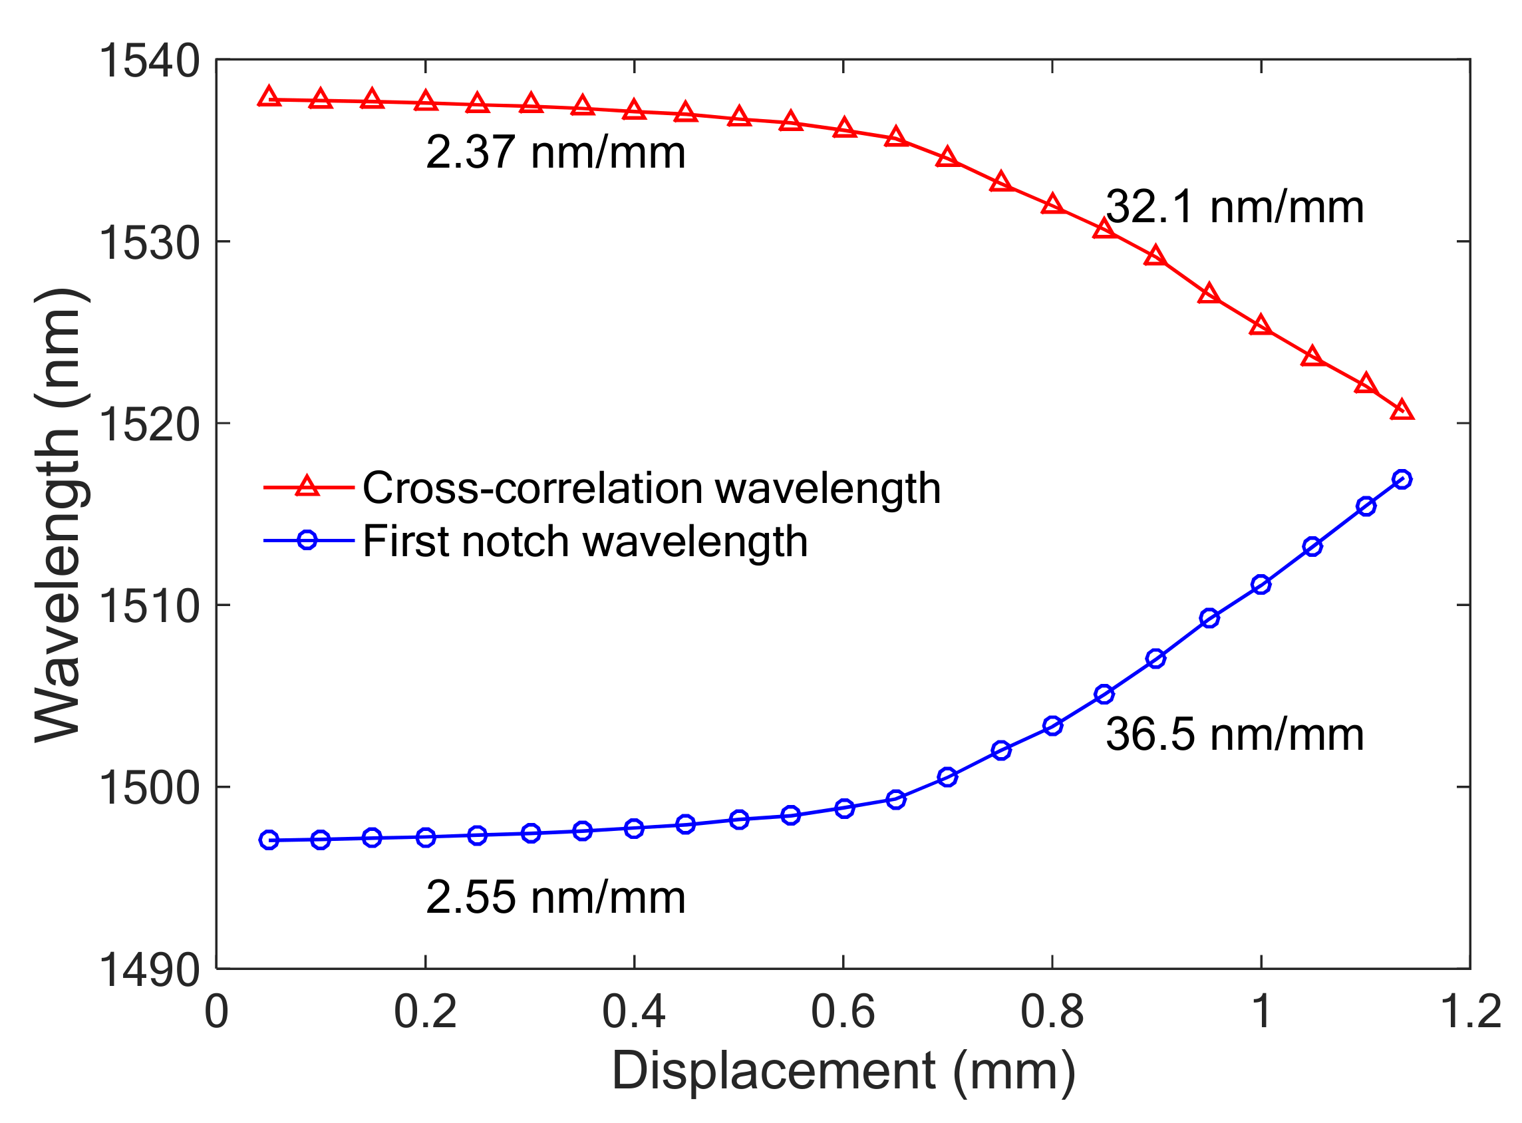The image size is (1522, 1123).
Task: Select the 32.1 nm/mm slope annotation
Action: [x=1234, y=207]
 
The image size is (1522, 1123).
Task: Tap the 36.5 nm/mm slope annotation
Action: [x=1234, y=735]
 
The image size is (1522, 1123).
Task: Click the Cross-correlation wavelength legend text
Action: [x=651, y=488]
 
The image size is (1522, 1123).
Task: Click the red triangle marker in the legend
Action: [x=307, y=487]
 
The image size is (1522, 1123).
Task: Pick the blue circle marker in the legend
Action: [x=307, y=540]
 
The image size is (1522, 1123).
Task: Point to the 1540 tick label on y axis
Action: [x=150, y=61]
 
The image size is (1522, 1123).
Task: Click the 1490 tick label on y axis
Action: [x=150, y=970]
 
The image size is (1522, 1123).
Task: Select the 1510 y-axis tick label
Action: [x=150, y=606]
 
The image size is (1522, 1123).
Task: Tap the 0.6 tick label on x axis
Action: [x=843, y=1012]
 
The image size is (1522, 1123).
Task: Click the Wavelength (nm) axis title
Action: [x=60, y=514]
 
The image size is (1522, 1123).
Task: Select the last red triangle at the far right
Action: [x=1402, y=410]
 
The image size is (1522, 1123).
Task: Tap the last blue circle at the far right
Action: [x=1402, y=479]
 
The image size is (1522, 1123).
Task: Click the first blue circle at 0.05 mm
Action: [x=269, y=840]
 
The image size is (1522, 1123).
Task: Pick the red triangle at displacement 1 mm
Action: [x=1262, y=325]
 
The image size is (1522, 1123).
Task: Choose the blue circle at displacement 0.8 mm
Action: [x=1053, y=726]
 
